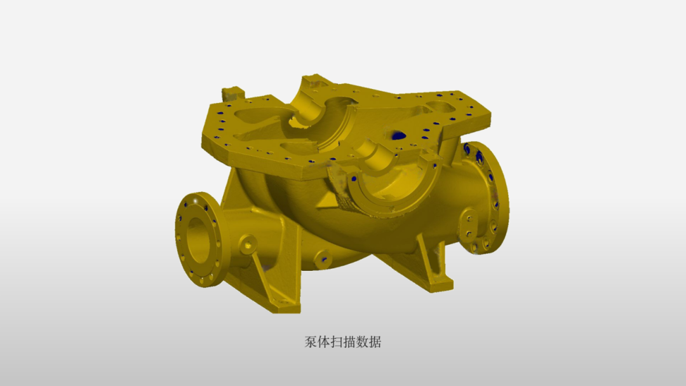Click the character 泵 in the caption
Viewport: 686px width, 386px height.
(x=311, y=342)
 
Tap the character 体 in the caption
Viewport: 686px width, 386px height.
(x=325, y=342)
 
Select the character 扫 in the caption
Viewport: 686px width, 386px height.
(x=339, y=342)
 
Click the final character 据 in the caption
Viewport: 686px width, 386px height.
(x=375, y=342)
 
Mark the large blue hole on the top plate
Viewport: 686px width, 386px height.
(x=399, y=135)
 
